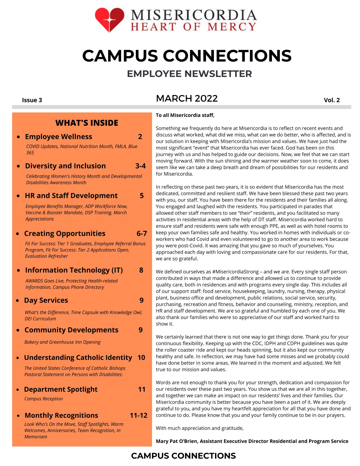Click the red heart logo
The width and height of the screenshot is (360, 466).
[109, 19]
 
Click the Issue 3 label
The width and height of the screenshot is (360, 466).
[32, 100]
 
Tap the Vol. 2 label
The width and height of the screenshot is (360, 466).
[332, 100]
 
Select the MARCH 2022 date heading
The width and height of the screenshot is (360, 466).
[187, 98]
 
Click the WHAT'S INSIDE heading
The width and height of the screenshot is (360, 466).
[87, 123]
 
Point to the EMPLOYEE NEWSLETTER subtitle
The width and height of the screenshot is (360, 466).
[189, 74]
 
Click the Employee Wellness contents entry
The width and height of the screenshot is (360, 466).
[59, 137]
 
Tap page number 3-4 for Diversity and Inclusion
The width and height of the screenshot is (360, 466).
[140, 166]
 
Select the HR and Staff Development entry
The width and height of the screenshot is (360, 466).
[71, 196]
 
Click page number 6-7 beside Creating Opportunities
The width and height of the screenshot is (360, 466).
[142, 233]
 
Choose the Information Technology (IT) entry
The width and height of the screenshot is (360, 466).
[74, 270]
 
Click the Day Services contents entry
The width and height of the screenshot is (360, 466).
[46, 300]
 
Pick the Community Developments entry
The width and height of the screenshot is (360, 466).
[71, 330]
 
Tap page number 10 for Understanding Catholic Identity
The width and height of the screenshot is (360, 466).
[141, 358]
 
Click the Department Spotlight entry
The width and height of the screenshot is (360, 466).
[61, 389]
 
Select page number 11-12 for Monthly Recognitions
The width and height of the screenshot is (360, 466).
[139, 415]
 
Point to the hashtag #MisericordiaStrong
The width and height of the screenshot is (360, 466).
[235, 272]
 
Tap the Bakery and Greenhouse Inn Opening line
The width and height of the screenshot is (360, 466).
[62, 342]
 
